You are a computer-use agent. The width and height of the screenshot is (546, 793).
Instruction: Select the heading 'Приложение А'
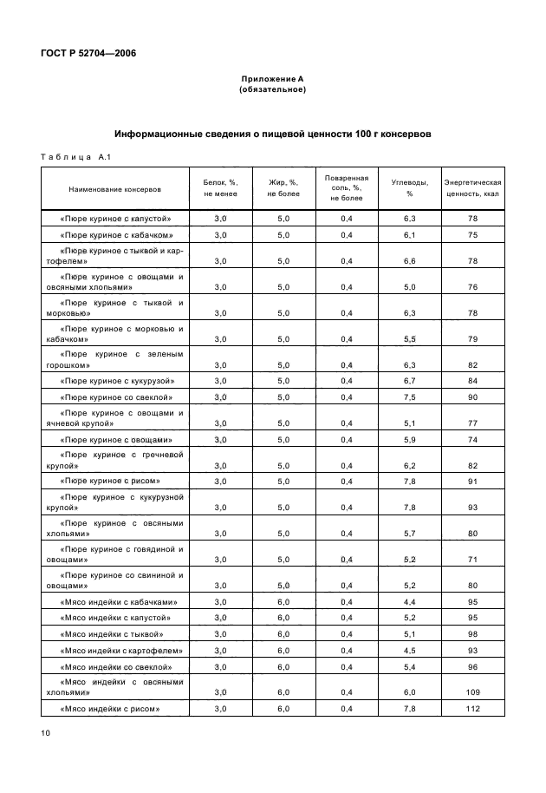click(272, 79)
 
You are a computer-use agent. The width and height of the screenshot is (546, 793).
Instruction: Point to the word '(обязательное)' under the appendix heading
click(272, 89)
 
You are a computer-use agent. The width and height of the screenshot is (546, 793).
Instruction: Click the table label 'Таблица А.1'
click(71, 157)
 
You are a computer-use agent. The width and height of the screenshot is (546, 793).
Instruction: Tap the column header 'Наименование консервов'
click(115, 188)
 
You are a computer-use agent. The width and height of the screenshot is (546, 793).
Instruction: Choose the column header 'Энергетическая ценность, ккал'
click(472, 188)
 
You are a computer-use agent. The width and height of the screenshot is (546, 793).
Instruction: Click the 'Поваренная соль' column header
click(347, 188)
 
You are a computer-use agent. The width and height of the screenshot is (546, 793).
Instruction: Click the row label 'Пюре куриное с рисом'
click(111, 480)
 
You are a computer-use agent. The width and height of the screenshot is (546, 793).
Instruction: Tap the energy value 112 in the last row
click(472, 709)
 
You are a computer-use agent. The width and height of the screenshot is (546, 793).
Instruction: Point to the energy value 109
click(472, 692)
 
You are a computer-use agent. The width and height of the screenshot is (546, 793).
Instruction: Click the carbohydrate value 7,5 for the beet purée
click(410, 397)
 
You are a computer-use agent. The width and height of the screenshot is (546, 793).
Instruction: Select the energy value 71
click(472, 560)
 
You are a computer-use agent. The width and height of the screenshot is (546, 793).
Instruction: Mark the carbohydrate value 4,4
click(410, 601)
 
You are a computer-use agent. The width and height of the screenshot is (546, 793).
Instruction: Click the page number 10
click(45, 734)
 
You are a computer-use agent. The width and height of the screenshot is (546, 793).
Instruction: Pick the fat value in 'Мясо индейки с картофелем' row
click(283, 650)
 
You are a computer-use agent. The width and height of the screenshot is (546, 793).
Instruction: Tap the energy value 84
click(472, 381)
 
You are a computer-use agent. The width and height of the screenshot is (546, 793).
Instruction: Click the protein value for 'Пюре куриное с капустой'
click(220, 219)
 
